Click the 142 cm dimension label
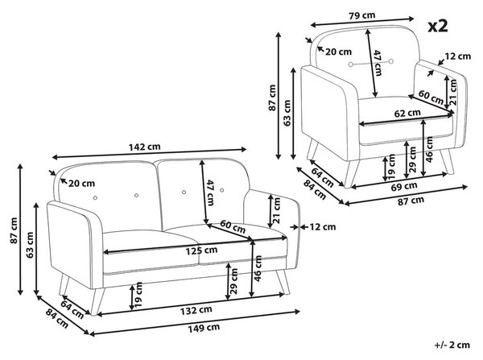click(x=144, y=147)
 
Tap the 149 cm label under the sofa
click(x=204, y=328)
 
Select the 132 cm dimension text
click(x=196, y=310)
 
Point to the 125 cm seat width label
click(x=201, y=250)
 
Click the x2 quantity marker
click(x=438, y=26)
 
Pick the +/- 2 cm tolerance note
click(x=452, y=345)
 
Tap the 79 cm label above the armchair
click(x=362, y=15)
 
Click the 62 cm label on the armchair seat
click(x=407, y=113)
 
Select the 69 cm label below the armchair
click(x=404, y=186)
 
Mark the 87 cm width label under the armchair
click(x=411, y=201)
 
